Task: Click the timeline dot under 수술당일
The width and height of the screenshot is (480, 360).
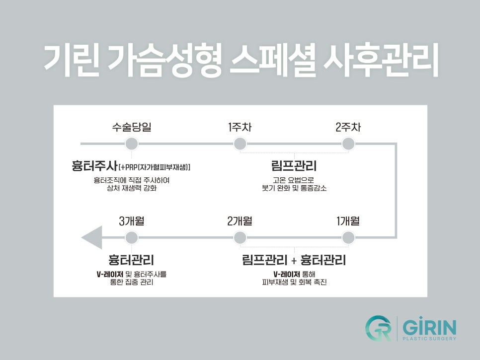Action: [131, 144]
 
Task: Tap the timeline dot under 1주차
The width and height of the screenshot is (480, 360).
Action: [240, 144]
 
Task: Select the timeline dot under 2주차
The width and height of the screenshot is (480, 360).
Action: [348, 144]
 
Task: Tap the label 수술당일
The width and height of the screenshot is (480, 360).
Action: [131, 127]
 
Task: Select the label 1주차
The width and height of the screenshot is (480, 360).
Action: [240, 127]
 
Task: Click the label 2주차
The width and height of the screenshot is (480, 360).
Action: [348, 127]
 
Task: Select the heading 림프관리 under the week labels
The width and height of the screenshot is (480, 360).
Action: [294, 166]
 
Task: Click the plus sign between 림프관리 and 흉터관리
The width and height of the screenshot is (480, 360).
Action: [294, 260]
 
